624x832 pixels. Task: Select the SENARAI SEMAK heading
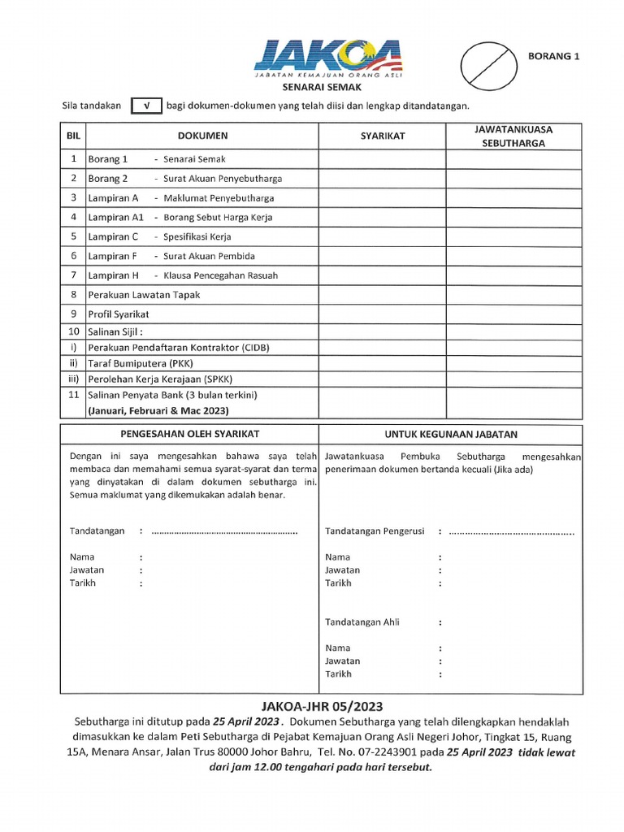pyautogui.click(x=321, y=86)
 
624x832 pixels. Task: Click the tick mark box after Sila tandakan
pyautogui.click(x=145, y=106)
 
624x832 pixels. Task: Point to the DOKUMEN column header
pyautogui.click(x=202, y=136)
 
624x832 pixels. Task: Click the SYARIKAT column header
pyautogui.click(x=382, y=136)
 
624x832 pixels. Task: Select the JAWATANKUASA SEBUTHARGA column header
pyautogui.click(x=513, y=136)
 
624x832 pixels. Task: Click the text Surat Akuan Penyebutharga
pyautogui.click(x=223, y=179)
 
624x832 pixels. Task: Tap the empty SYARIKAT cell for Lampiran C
pyautogui.click(x=382, y=236)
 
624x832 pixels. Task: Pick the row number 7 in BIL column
pyautogui.click(x=73, y=275)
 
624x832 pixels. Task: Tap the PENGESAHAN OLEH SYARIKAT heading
pyautogui.click(x=189, y=435)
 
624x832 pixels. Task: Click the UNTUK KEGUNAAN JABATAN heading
pyautogui.click(x=451, y=435)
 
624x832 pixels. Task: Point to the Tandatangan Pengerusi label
pyautogui.click(x=375, y=531)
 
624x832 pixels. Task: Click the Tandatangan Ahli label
pyautogui.click(x=362, y=622)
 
